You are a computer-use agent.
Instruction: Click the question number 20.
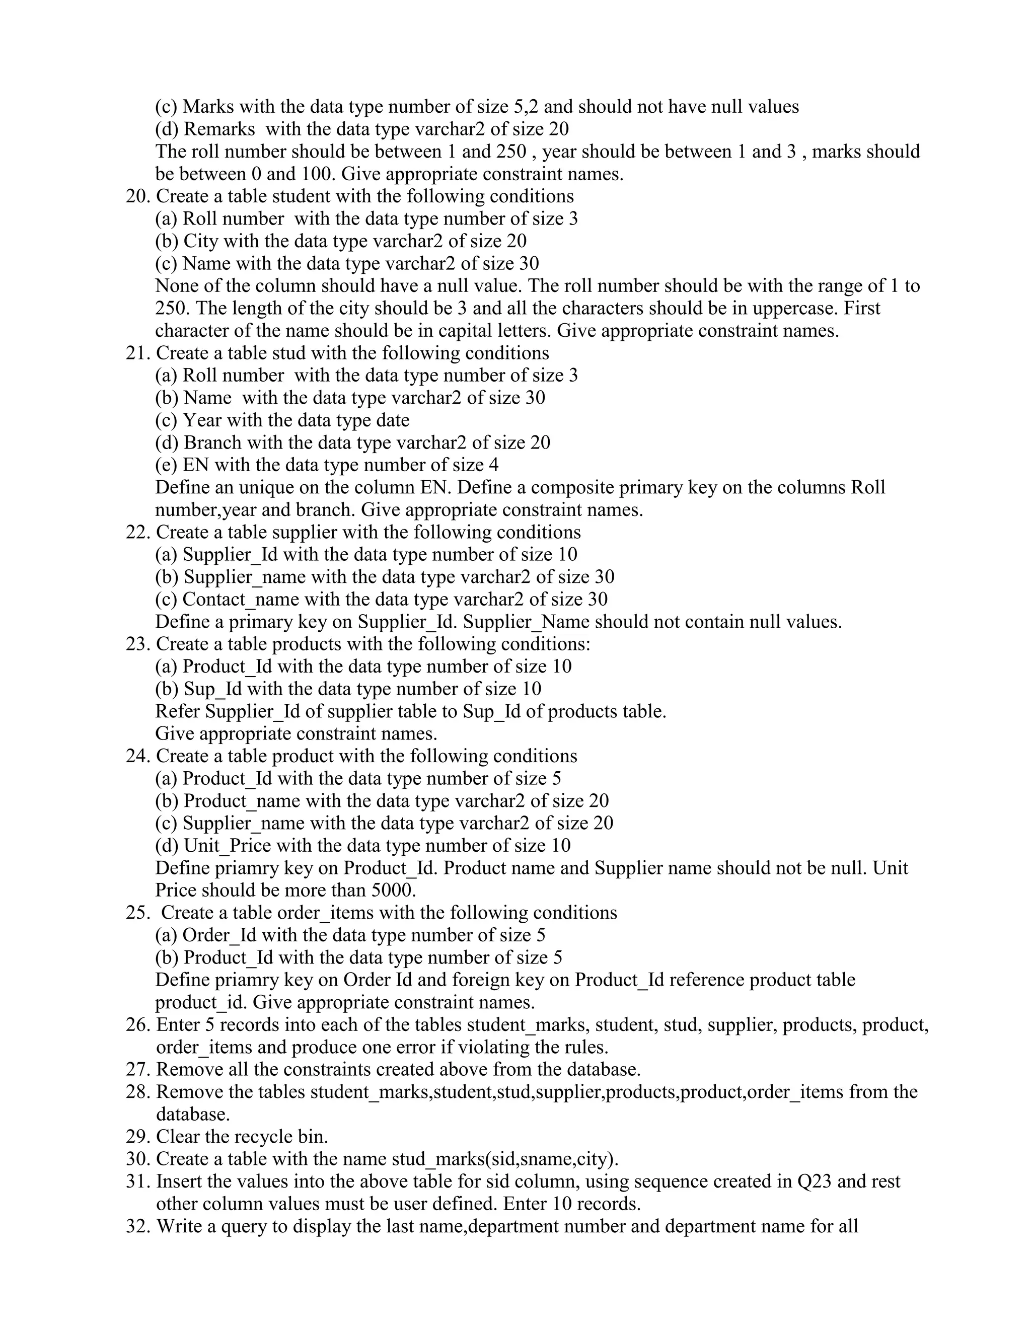[138, 197]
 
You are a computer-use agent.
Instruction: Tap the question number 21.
[137, 353]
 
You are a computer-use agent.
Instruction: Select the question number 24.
[138, 756]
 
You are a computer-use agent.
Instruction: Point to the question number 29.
[138, 1137]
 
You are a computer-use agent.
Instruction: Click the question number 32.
[138, 1226]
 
